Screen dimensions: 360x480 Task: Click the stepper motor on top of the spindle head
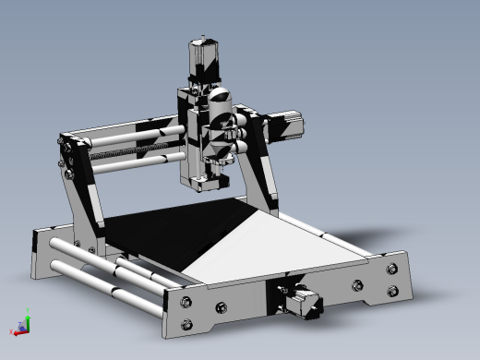point(200,59)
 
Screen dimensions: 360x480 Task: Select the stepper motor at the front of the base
point(304,303)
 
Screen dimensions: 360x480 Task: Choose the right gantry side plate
point(263,175)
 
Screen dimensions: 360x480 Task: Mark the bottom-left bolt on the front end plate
point(188,323)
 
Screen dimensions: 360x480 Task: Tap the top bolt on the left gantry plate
point(66,141)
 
